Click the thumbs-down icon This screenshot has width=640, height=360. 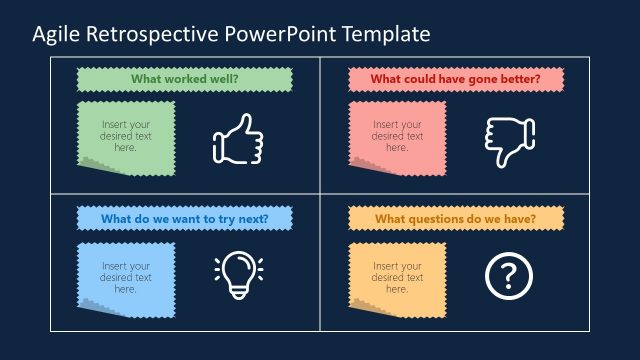[509, 140]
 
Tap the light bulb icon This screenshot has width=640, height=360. [237, 274]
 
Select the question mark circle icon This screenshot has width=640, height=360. [509, 275]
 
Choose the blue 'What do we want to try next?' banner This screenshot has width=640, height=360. [184, 218]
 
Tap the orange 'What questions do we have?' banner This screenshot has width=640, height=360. [455, 218]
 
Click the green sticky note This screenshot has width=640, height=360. [126, 135]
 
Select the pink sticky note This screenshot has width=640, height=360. [397, 135]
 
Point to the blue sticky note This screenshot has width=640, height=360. [126, 275]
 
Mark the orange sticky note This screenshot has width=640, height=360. [397, 275]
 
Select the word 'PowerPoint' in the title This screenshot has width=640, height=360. [282, 35]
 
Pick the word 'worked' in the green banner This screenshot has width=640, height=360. [182, 78]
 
